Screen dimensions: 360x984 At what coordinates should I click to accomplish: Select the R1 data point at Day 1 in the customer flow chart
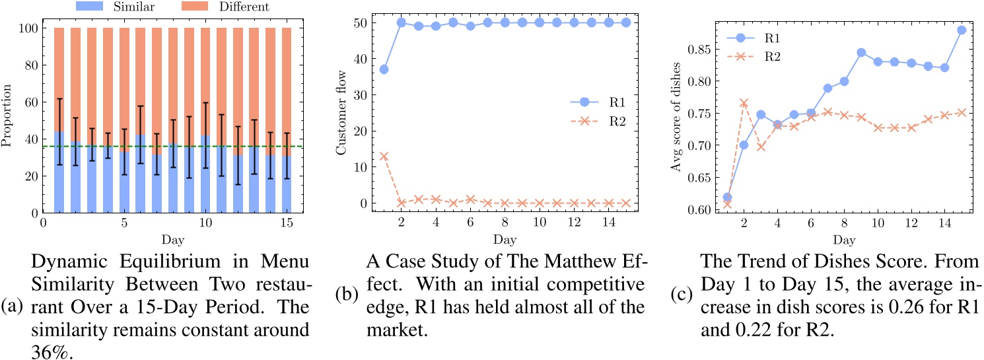[384, 69]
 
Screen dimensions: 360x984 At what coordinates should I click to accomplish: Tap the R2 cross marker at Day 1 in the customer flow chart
[384, 156]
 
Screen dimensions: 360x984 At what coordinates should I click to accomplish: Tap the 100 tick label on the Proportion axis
[29, 28]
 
